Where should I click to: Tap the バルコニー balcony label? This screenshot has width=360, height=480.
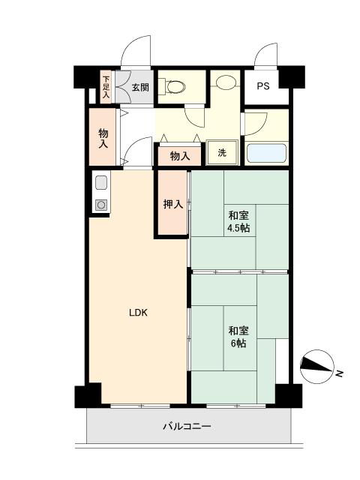pos(187,427)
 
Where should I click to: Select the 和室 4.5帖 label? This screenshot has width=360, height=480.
pos(239,220)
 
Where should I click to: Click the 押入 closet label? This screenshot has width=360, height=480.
pos(173,203)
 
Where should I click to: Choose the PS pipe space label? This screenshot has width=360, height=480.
pos(263,86)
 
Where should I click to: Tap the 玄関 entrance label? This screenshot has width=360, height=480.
pos(140,87)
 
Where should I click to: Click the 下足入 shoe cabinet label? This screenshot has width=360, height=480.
pos(106,87)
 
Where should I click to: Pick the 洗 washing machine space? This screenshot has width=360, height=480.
pos(222,153)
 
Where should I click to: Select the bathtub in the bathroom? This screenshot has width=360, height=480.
pos(268,152)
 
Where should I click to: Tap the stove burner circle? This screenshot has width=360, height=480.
pos(101,204)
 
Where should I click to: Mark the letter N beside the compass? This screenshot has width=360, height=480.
pos(340,373)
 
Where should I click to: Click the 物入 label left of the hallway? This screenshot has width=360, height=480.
pos(103,137)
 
